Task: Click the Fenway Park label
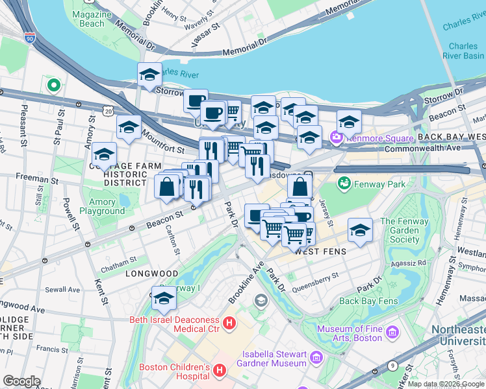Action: coord(379,184)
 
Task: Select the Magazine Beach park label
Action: coord(88,19)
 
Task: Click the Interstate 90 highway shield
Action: coord(30,38)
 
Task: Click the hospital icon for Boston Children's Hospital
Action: coord(220,370)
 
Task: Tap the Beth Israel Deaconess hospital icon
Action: coord(228,322)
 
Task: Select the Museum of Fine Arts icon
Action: coord(392,333)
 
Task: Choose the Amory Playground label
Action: coord(102,206)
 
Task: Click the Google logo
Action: coord(21,381)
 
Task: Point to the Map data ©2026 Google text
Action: coord(445,384)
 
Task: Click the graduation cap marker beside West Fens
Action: coord(360,230)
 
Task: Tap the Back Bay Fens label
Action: coord(368,301)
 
